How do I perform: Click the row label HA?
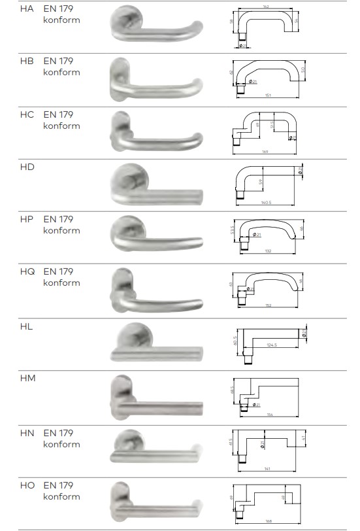(x=27, y=9)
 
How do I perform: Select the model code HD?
(x=27, y=167)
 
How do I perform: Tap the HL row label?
(x=26, y=326)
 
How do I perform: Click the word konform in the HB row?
(x=61, y=72)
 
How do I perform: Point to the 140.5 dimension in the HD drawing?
(x=267, y=203)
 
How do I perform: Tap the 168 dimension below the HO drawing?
(x=268, y=521)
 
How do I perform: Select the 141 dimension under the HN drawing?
(x=269, y=468)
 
